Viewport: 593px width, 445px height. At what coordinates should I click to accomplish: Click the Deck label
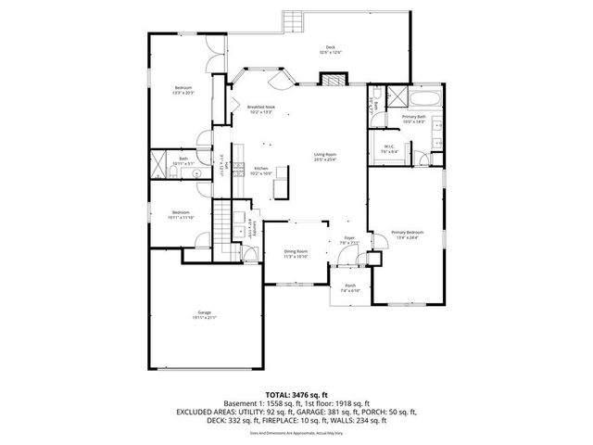(331, 50)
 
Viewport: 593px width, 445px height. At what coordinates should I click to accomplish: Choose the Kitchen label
(260, 171)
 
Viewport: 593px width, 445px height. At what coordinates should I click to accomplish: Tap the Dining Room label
(296, 254)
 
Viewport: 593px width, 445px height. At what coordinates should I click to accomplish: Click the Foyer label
(349, 240)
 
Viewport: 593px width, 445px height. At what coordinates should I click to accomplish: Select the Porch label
(349, 287)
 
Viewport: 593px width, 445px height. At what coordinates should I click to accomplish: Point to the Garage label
(204, 315)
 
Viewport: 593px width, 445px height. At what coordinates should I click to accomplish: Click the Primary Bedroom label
(406, 235)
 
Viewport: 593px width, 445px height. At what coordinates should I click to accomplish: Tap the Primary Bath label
(414, 119)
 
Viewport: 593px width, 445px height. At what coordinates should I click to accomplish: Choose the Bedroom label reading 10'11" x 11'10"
(181, 215)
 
